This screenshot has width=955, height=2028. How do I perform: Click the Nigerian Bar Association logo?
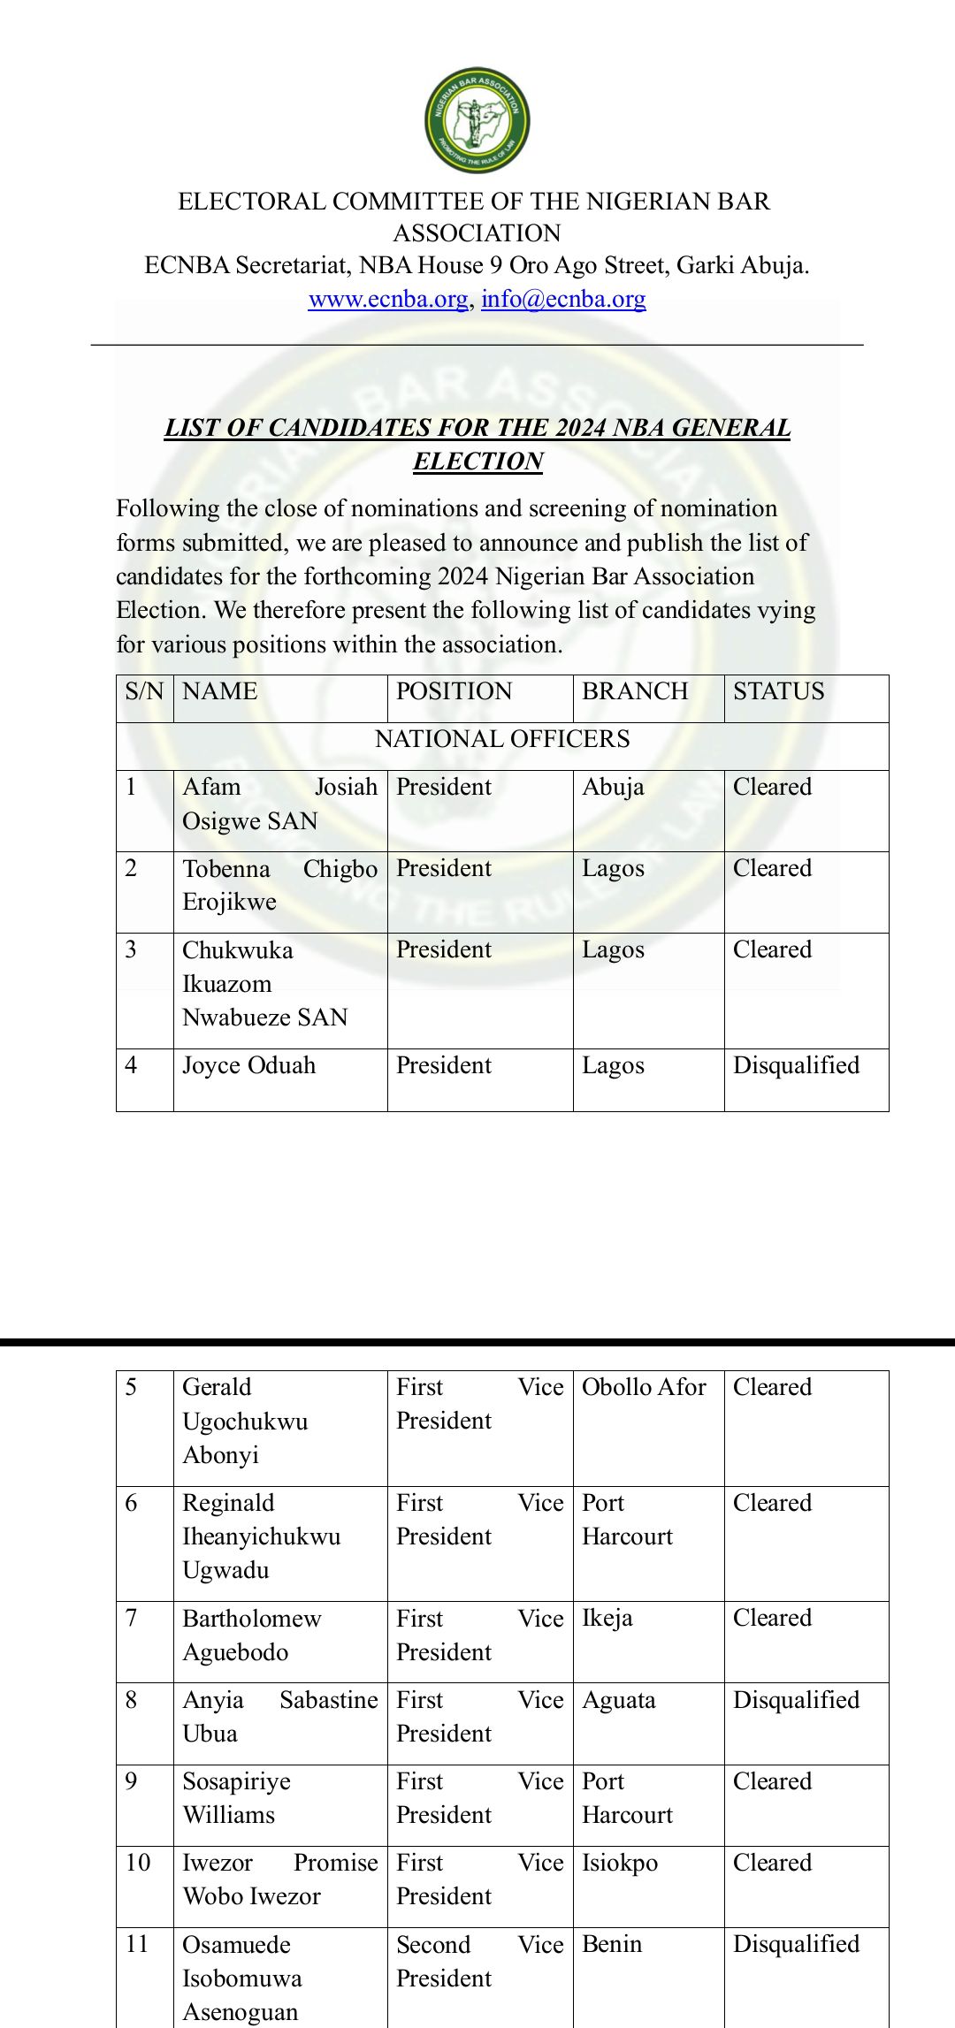pos(477,120)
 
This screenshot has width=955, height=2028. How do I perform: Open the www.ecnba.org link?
pos(387,299)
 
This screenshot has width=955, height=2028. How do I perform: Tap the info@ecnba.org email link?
pos(563,299)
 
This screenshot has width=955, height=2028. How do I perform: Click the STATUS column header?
pos(778,691)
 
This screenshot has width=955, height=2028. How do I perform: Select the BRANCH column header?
pos(635,691)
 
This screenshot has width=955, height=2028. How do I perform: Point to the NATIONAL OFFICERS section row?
pos(502,739)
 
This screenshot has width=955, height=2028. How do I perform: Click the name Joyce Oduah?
pos(248,1065)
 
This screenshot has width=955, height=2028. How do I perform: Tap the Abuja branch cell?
pos(613,787)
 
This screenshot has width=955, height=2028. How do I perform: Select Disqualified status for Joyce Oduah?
pos(796,1065)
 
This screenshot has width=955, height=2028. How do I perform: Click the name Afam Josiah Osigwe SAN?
pos(279,804)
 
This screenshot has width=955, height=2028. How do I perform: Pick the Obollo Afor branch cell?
pos(644,1387)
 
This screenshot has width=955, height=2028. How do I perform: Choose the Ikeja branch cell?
pos(607,1618)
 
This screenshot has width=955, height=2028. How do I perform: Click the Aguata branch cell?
pos(619,1699)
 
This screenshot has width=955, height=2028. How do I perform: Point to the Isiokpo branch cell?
pos(620,1862)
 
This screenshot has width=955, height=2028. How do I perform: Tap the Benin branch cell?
pos(612,1943)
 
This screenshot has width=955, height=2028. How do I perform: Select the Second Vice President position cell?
pos(479,1960)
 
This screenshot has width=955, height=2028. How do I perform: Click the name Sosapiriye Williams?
pos(236,1797)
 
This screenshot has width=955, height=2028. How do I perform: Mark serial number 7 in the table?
pos(131,1618)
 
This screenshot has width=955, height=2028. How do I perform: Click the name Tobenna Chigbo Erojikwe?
pos(279,885)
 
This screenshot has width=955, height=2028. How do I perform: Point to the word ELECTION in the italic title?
pos(477,461)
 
